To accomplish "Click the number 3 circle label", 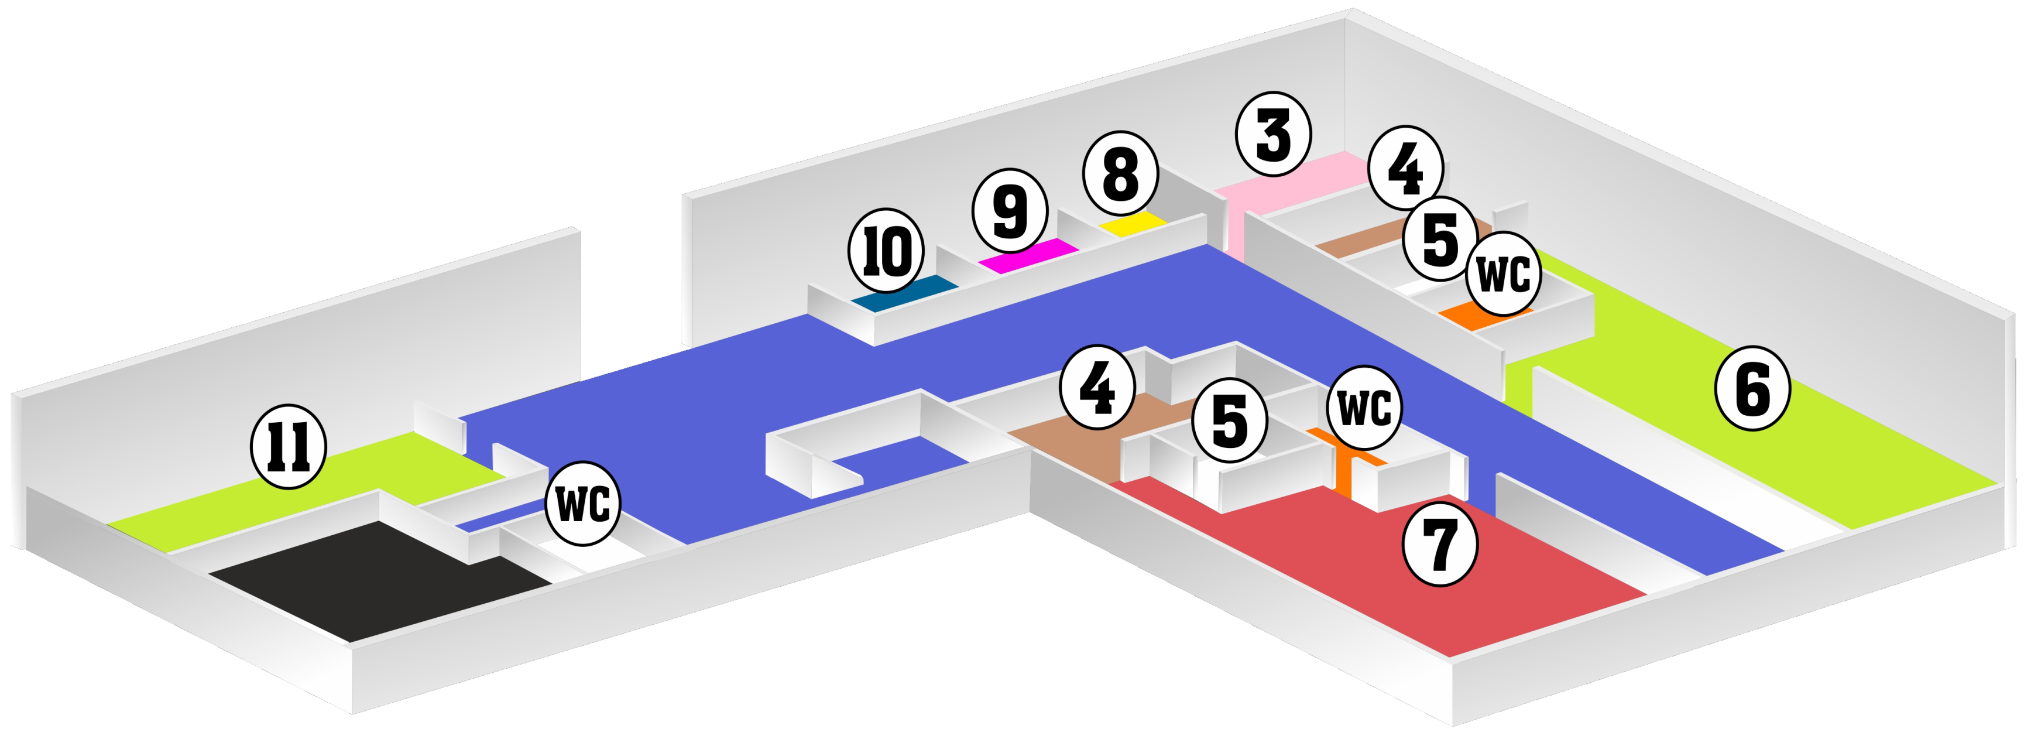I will [1273, 135].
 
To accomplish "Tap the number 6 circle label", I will [1752, 390].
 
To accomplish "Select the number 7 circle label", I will [1440, 544].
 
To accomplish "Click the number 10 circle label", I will [886, 253].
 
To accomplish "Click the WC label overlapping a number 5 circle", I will [1503, 273].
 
